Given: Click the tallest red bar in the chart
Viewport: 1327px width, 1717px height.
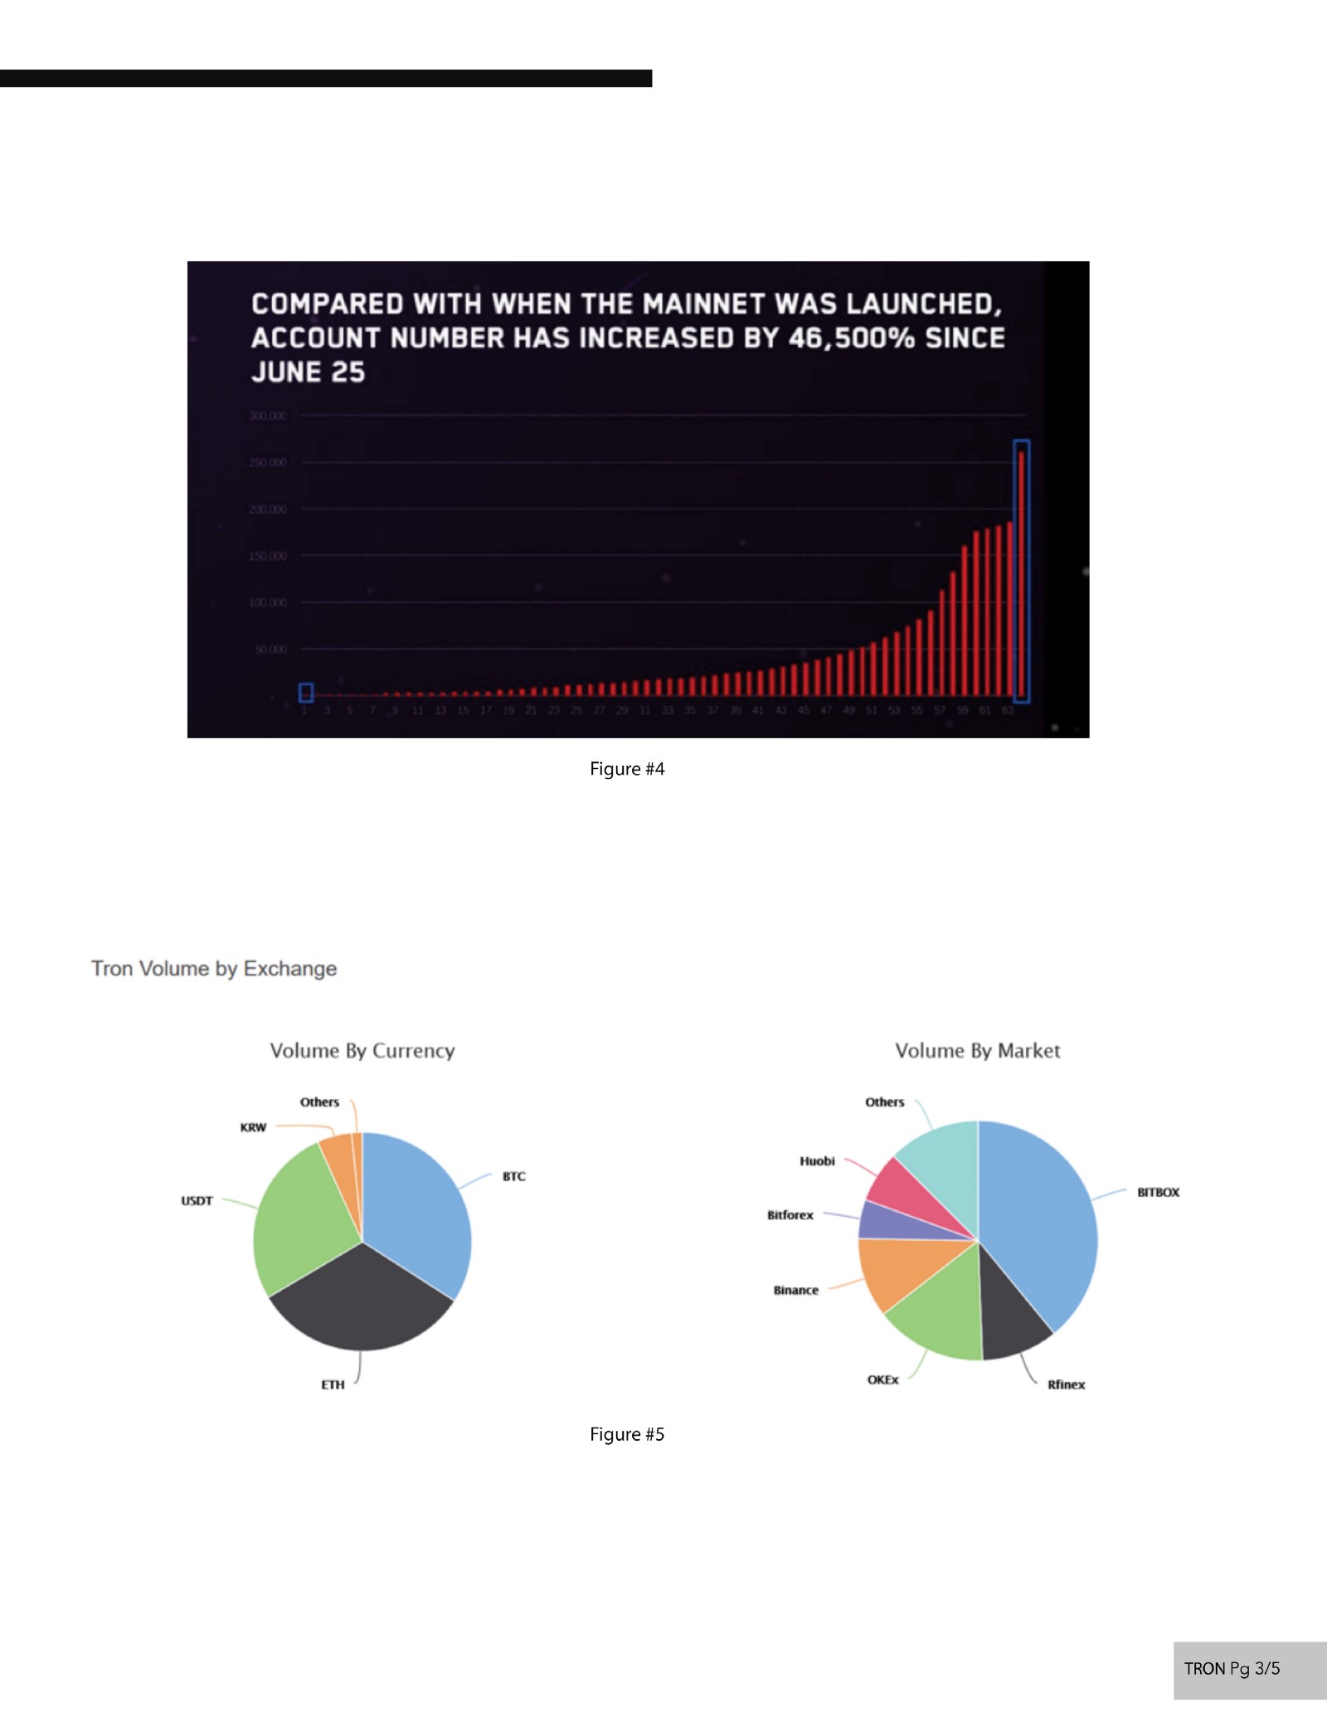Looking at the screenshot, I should point(1021,572).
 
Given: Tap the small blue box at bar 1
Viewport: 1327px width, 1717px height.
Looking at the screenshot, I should point(306,692).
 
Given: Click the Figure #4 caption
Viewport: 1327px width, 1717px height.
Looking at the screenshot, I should point(627,769).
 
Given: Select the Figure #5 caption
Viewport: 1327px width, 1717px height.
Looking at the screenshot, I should point(627,1434).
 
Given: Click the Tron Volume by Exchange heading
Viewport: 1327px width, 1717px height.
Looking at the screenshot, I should point(214,969).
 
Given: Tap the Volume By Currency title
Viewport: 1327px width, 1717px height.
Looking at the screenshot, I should point(362,1051).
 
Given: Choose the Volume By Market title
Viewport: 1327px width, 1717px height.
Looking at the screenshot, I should point(977,1051).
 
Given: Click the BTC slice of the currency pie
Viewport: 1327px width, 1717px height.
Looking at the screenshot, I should point(415,1211).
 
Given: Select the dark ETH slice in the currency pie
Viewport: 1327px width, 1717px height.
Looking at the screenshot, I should point(362,1302).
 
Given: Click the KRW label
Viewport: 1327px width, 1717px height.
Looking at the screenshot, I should point(253,1128).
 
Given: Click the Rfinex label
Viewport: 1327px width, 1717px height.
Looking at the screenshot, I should point(1066,1384).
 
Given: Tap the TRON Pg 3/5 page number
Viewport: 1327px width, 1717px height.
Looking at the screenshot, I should point(1232,1669).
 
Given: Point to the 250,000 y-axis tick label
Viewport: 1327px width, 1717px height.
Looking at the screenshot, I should point(267,463).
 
